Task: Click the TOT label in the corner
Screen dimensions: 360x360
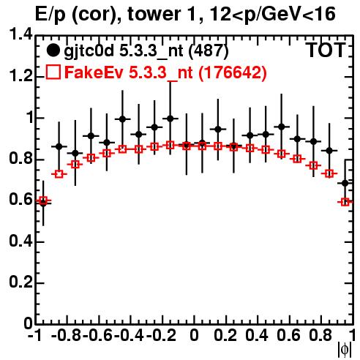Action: click(x=326, y=50)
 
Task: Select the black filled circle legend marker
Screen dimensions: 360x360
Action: click(x=53, y=50)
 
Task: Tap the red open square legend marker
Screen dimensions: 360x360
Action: click(x=53, y=72)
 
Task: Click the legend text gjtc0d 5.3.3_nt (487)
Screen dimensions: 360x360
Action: click(x=146, y=51)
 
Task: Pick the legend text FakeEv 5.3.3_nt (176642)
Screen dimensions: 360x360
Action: click(x=166, y=72)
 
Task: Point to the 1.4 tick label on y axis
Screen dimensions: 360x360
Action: click(x=20, y=35)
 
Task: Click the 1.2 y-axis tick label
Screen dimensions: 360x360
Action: click(x=20, y=76)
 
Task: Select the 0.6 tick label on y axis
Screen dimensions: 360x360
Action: click(x=20, y=200)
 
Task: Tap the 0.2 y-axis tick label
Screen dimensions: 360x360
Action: click(x=20, y=282)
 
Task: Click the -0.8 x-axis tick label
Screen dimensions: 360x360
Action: click(x=67, y=335)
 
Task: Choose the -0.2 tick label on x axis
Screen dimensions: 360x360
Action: click(x=161, y=335)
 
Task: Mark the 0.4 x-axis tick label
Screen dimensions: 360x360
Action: click(x=257, y=335)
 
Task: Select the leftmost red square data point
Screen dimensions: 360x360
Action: click(x=43, y=200)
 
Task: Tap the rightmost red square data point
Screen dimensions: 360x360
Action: click(x=345, y=202)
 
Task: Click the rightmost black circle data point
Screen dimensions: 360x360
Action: click(x=345, y=183)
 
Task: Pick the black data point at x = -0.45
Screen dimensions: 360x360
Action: click(x=123, y=119)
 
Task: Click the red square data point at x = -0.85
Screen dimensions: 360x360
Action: click(x=59, y=174)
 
